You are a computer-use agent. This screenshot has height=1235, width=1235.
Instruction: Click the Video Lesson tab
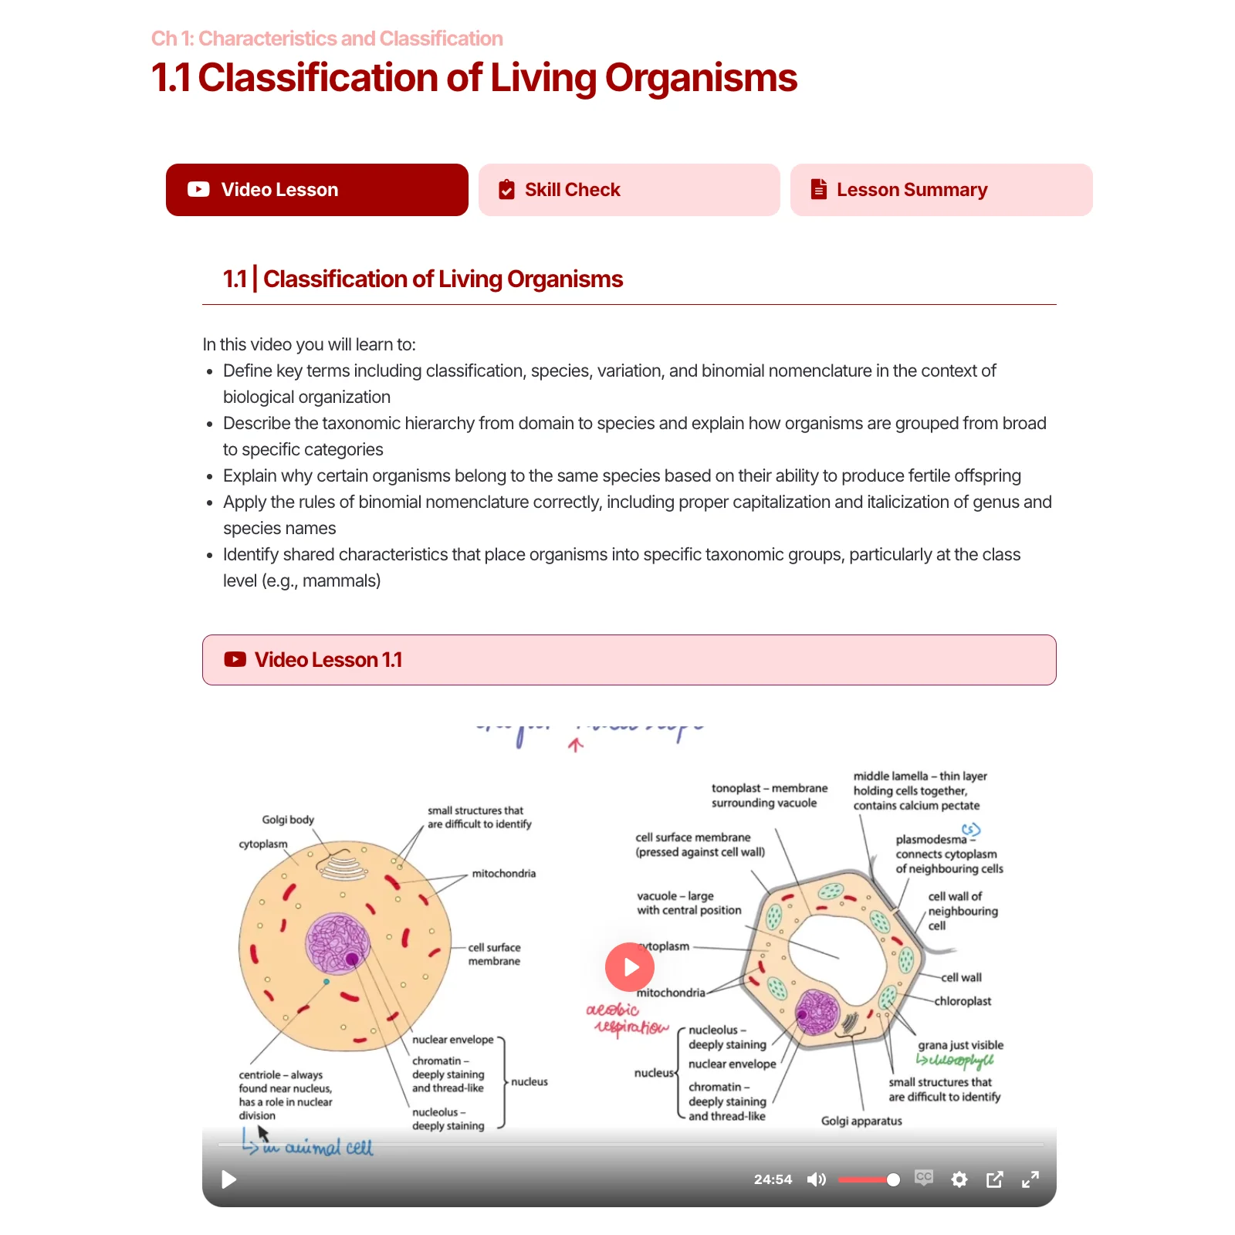coord(316,190)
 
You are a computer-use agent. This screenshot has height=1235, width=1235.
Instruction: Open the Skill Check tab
coord(628,190)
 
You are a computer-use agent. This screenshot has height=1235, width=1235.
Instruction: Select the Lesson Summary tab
coord(941,190)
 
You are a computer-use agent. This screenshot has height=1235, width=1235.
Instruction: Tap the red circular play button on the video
coord(630,967)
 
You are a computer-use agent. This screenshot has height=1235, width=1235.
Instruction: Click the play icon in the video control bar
coord(228,1179)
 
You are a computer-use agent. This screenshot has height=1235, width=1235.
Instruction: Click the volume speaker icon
coord(816,1179)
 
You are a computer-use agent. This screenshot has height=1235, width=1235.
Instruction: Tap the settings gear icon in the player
coord(959,1179)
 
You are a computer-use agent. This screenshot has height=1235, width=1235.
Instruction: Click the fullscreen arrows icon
coord(1030,1179)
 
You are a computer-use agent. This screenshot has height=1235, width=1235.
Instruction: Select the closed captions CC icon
coord(924,1178)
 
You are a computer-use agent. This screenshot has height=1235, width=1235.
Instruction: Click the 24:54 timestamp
coord(773,1179)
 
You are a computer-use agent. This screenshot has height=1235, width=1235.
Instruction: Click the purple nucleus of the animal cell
coord(338,943)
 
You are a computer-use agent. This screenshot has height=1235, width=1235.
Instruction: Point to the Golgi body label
coord(288,820)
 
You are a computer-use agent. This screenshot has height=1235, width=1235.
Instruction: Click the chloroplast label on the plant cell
coord(963,1001)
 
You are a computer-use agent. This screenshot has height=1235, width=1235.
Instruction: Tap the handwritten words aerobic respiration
coord(627,1019)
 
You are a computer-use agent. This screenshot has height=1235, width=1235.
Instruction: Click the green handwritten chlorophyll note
coord(956,1061)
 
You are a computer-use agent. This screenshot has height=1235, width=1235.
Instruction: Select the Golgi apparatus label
coord(861,1121)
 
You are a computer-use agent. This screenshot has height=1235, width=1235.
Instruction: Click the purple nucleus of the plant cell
coord(817,1011)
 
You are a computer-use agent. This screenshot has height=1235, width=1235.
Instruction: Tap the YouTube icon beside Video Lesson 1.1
coord(235,660)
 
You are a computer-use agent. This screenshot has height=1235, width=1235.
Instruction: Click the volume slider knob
coord(893,1179)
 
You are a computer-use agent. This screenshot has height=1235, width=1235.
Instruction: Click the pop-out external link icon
coord(994,1179)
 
